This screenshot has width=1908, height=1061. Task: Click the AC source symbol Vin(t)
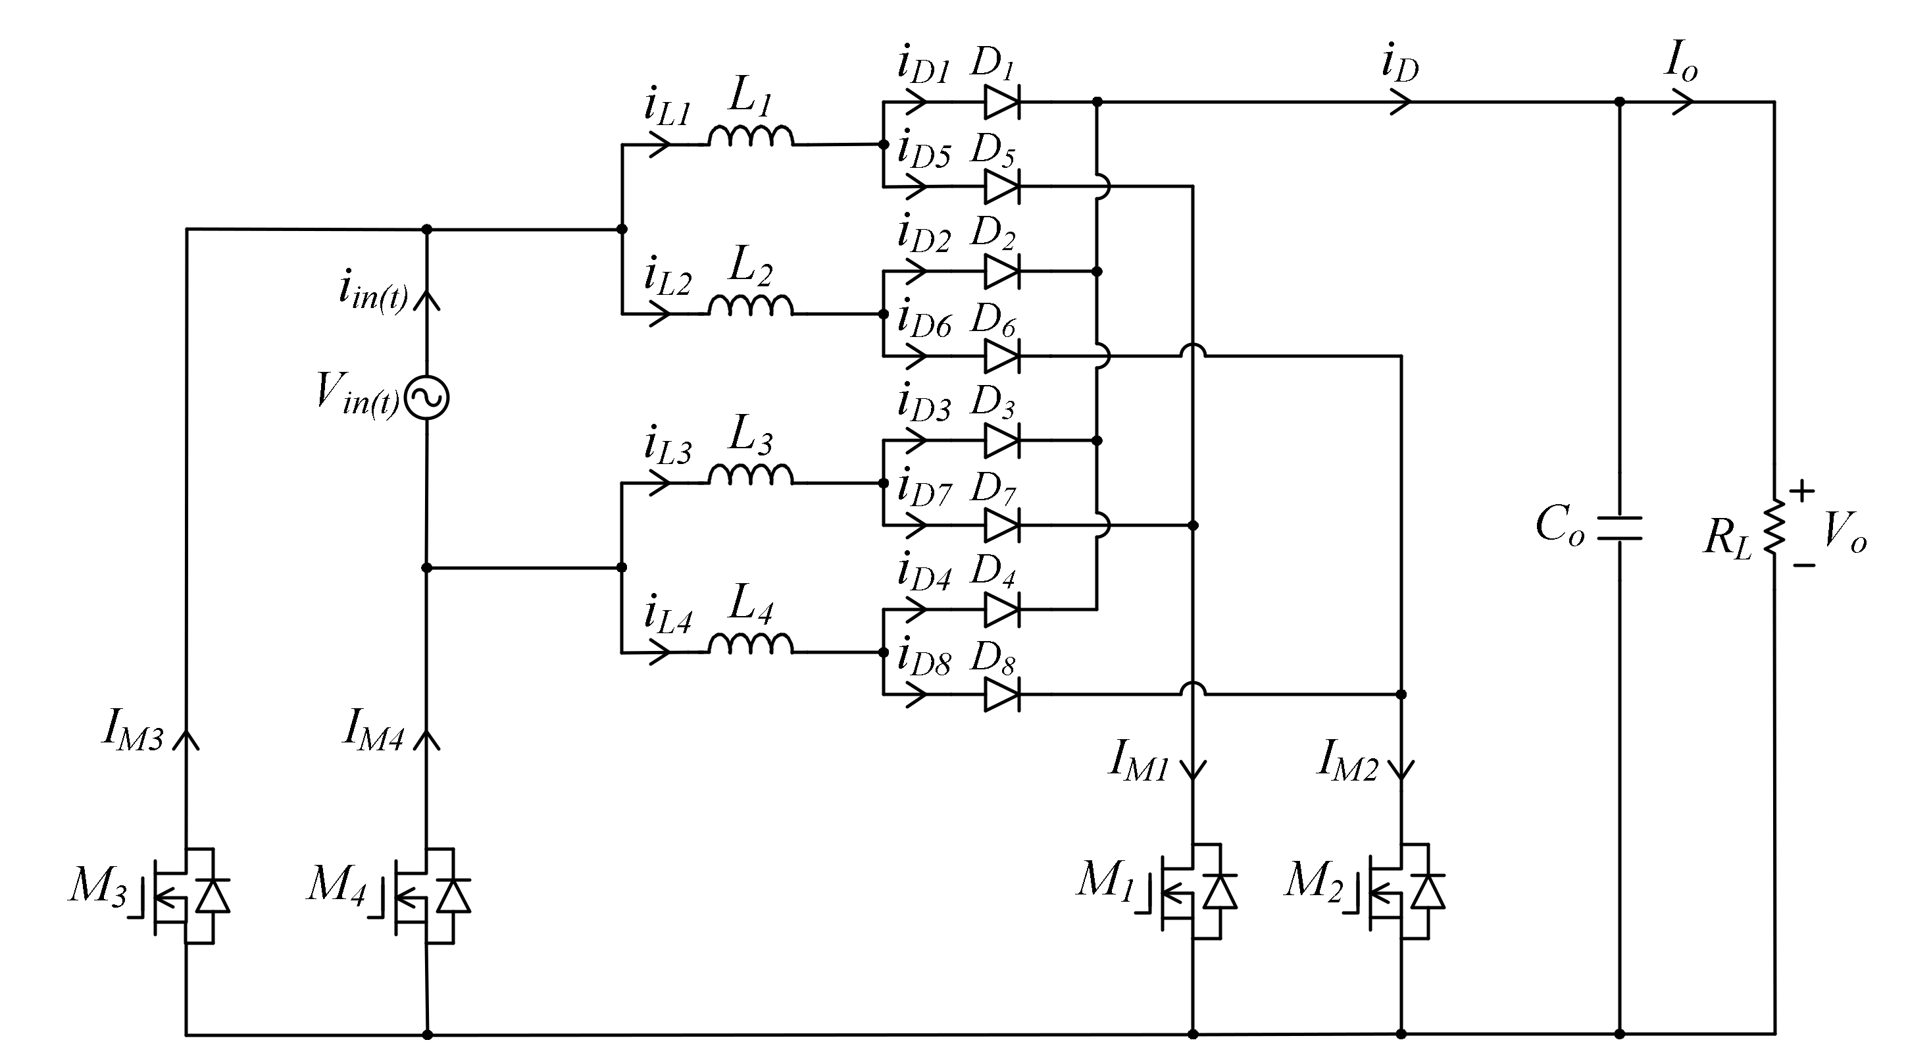428,398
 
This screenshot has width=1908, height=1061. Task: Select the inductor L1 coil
750,136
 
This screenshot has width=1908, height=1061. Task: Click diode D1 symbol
1001,102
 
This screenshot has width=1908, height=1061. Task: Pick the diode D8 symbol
1001,695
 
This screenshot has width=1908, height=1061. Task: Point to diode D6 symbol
1001,356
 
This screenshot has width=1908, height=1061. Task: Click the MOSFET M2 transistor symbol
1401,891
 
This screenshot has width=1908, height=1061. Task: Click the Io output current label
1680,61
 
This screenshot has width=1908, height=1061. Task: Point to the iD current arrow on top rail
1400,101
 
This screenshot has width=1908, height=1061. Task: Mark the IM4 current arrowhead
426,739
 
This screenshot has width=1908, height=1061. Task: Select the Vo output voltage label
1844,532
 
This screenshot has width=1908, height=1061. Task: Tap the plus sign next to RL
1802,490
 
